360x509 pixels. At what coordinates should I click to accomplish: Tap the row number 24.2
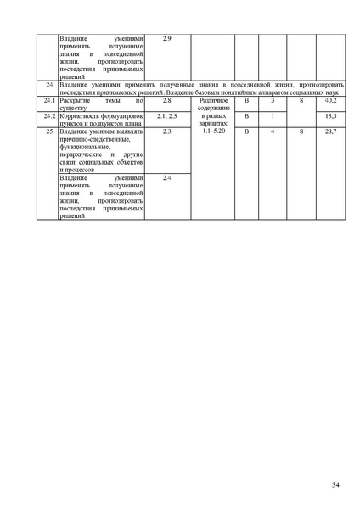(48, 115)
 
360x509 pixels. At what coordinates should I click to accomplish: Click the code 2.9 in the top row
(166, 39)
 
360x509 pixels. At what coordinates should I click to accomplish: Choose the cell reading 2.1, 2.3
(166, 115)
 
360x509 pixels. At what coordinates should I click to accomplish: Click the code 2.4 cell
(166, 177)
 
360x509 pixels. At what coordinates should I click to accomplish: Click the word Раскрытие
(77, 101)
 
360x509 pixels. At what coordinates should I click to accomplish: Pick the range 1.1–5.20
(211, 131)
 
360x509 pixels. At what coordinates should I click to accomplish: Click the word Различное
(211, 101)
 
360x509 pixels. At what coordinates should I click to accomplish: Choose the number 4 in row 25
(273, 131)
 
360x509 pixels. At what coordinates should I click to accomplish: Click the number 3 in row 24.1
(273, 101)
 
